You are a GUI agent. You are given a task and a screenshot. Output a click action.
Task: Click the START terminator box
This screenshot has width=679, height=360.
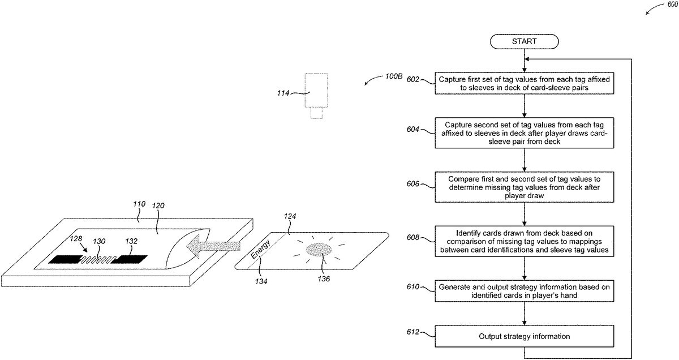[524, 41]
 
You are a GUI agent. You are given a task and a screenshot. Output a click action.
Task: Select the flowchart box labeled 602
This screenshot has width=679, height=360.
[524, 83]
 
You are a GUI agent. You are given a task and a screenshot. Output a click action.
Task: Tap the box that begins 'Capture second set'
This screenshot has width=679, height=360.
[524, 133]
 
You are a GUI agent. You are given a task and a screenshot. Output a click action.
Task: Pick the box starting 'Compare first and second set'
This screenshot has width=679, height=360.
[524, 187]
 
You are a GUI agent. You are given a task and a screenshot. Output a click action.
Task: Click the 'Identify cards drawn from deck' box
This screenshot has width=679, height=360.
[524, 241]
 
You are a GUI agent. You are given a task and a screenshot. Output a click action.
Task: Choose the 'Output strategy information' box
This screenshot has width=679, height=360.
[524, 336]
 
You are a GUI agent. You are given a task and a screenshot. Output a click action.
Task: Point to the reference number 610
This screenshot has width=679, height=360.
[412, 286]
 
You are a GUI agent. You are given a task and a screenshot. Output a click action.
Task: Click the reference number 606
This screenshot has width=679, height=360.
[412, 184]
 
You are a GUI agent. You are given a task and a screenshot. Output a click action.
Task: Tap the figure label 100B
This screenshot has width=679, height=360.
[393, 76]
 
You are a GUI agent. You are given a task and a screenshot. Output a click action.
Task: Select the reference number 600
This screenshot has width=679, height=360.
[672, 5]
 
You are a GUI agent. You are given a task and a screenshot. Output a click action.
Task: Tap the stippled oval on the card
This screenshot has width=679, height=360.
[319, 250]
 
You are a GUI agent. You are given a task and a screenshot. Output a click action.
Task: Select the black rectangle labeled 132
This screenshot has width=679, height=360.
[129, 259]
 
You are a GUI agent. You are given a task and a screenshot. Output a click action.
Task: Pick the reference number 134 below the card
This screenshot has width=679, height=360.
[261, 281]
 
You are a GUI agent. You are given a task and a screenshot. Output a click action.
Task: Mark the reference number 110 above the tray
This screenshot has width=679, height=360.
[139, 204]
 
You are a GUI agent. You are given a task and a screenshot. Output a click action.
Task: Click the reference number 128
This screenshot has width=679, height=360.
[76, 239]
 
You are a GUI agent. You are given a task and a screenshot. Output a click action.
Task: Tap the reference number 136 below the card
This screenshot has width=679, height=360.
[324, 278]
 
